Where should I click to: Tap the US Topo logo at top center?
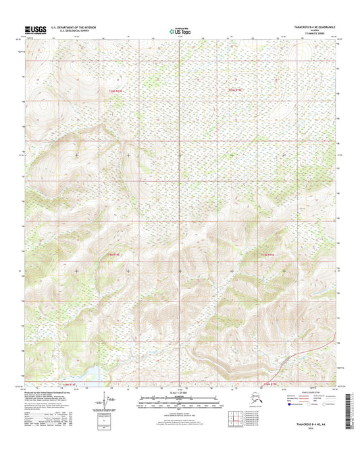click(180, 30)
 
